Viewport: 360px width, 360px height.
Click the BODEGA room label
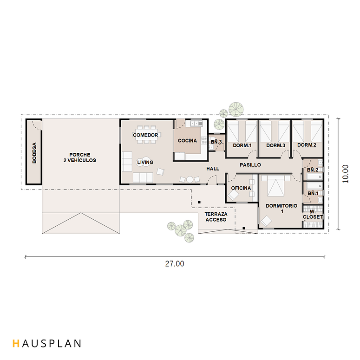coord(34,153)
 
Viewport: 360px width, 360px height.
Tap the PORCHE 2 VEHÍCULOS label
coord(80,157)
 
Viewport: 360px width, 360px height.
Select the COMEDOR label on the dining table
coord(145,135)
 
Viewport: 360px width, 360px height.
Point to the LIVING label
coord(145,162)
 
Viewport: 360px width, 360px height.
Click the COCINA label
coord(187,140)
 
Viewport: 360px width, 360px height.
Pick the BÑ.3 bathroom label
coord(216,142)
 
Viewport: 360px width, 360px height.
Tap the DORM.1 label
coord(242,145)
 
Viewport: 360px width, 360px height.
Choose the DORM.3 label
coord(275,145)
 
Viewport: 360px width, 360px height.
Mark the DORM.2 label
coord(307,145)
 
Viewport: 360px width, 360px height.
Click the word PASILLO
coord(250,165)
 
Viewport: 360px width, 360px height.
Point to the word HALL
coord(213,169)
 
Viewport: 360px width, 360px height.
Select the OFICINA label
coord(241,188)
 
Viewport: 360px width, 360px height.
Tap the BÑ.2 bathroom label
coord(313,170)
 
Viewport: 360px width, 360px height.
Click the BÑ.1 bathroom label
coord(313,193)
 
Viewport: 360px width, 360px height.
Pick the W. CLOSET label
coord(313,214)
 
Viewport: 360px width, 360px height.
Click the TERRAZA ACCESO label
coord(216,217)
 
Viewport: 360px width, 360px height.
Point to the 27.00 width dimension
coord(175,264)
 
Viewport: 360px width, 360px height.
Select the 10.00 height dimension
coord(345,174)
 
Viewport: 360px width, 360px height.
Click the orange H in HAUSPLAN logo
coord(16,343)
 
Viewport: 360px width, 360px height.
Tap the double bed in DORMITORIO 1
coord(276,186)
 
